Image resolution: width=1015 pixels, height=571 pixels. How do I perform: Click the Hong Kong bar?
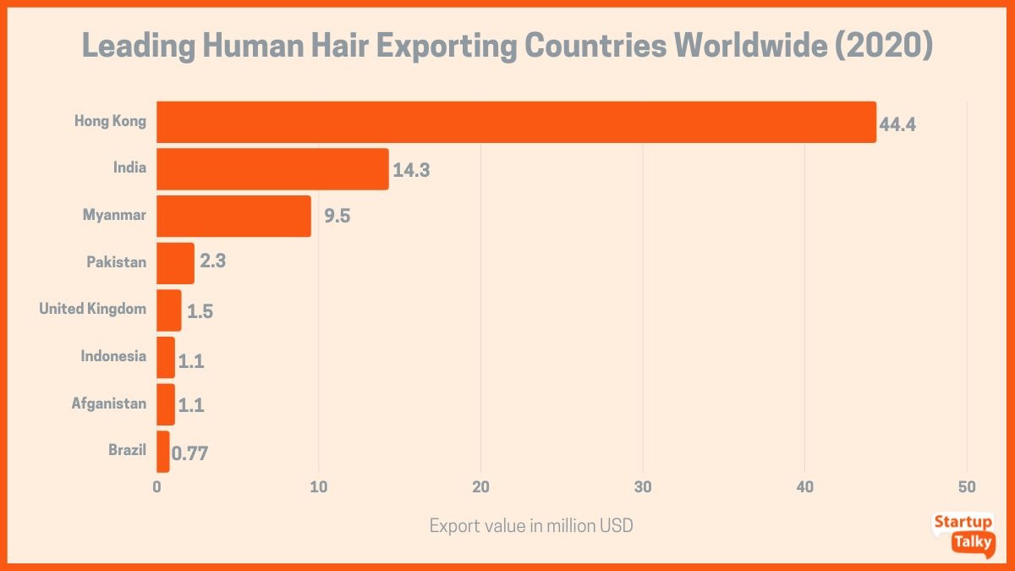click(x=516, y=122)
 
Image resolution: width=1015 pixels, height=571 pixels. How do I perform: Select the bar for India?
click(x=272, y=169)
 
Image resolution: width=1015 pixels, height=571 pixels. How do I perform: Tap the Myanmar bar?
click(x=233, y=216)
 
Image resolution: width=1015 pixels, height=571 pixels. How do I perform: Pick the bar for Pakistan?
click(x=175, y=263)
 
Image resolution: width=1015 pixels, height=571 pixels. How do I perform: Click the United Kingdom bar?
click(x=168, y=310)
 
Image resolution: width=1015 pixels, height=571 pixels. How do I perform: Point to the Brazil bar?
click(x=162, y=451)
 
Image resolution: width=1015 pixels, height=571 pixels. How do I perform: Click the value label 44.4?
click(x=898, y=124)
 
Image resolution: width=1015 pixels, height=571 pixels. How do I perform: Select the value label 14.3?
click(x=412, y=170)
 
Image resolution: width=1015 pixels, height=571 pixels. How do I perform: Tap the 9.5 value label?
click(x=337, y=216)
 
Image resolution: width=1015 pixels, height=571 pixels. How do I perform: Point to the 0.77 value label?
click(x=189, y=453)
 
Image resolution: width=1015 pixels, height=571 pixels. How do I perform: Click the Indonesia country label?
click(x=113, y=356)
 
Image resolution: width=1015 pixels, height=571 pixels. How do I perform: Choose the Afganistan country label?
click(x=108, y=404)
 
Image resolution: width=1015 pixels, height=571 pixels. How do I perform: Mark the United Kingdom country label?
click(x=92, y=309)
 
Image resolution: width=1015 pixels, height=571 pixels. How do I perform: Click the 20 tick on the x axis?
click(x=480, y=487)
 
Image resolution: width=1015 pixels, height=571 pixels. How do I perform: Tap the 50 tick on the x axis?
click(x=967, y=487)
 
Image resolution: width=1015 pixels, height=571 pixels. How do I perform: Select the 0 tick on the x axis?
click(x=156, y=487)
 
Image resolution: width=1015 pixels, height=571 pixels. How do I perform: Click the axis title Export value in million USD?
click(x=531, y=526)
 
